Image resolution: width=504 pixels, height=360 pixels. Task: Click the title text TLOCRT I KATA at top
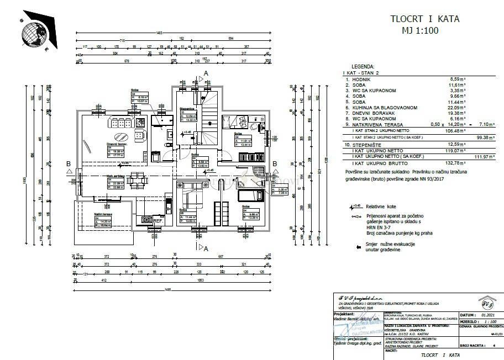[424, 19]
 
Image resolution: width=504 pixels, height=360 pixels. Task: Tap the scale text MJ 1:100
[419, 31]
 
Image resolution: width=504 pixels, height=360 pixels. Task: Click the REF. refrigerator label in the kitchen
[158, 221]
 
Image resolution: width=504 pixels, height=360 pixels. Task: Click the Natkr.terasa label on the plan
[103, 214]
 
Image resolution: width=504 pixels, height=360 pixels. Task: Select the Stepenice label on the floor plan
[187, 109]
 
